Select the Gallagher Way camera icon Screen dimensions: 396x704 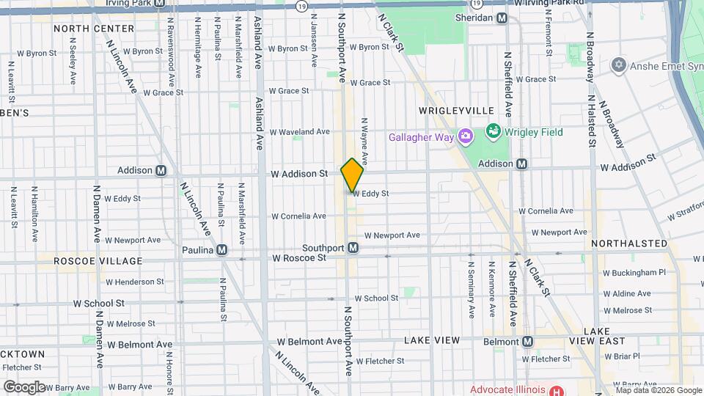click(x=464, y=136)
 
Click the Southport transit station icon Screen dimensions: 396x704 click(x=353, y=248)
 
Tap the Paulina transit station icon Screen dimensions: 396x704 click(x=221, y=250)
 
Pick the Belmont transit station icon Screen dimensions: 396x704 click(x=527, y=341)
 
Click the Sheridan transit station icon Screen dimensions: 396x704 click(x=502, y=18)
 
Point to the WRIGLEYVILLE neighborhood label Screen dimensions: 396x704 click(x=456, y=110)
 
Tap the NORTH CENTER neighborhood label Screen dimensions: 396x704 click(x=94, y=29)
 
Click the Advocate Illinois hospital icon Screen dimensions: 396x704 click(x=557, y=389)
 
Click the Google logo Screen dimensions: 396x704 click(x=24, y=386)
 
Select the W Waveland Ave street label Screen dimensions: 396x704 click(x=299, y=132)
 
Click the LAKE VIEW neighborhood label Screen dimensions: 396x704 click(x=432, y=340)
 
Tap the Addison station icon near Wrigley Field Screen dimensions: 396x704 click(x=521, y=164)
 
